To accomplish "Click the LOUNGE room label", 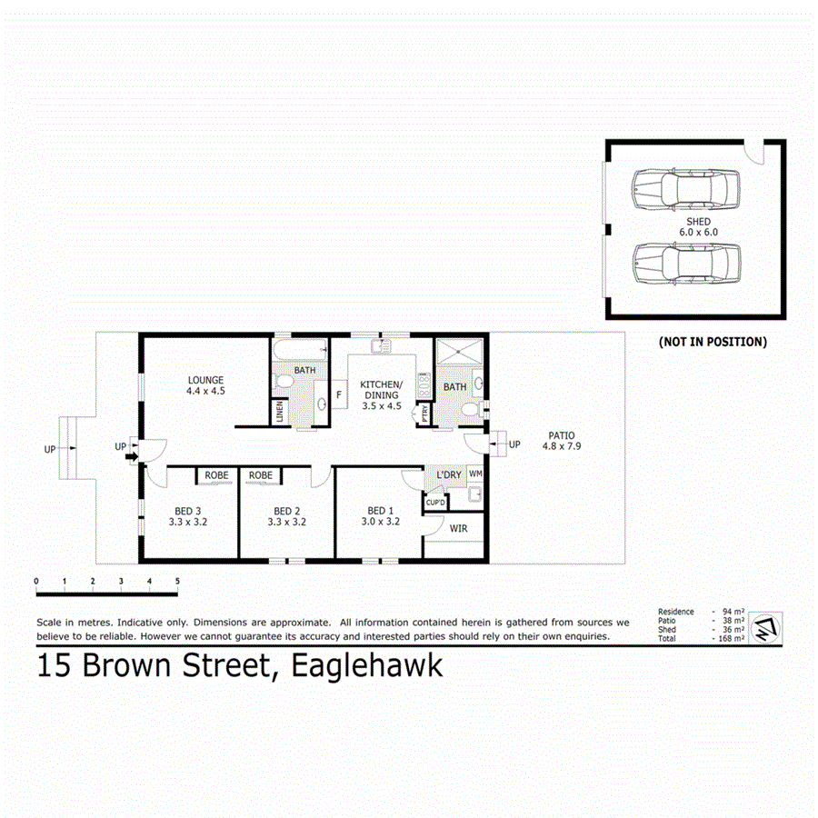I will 205,380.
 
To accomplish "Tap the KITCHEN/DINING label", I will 381,389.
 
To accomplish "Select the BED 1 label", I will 380,510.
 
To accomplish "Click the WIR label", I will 457,527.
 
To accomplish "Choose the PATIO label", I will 560,435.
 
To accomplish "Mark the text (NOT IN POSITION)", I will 712,343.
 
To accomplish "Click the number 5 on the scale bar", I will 177,580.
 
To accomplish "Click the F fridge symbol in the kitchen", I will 339,395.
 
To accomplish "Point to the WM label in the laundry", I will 475,474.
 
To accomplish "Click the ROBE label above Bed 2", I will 261,475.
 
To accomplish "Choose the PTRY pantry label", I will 423,414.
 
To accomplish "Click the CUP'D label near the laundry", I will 434,502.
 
